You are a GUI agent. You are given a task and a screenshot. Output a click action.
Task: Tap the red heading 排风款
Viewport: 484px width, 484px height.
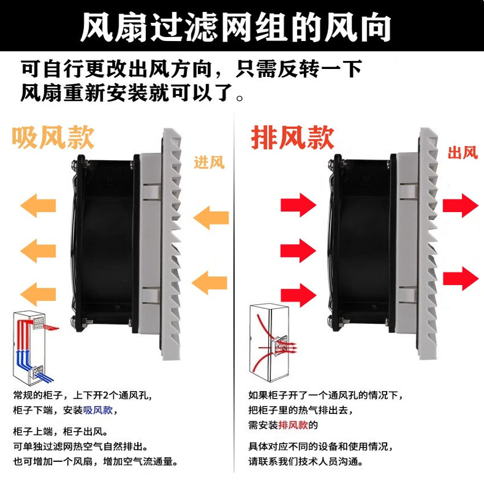[x=292, y=137]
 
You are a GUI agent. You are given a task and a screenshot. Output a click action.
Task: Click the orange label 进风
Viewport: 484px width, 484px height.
[x=209, y=163]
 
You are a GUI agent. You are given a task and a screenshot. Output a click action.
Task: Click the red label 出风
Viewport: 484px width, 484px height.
[x=462, y=153]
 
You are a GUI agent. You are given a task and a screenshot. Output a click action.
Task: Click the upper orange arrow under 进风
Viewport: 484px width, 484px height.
[x=211, y=218]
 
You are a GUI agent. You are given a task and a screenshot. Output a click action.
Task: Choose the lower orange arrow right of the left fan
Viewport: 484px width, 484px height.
[x=211, y=282]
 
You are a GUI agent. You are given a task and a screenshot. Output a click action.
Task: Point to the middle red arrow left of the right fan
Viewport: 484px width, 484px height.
[x=298, y=250]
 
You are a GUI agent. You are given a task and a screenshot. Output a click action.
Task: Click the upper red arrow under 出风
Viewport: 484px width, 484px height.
[x=460, y=205]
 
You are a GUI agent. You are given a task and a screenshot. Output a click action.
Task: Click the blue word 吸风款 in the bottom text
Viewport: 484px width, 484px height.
[x=98, y=410]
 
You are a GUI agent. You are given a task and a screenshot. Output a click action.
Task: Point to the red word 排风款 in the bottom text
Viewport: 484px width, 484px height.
[x=293, y=425]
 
